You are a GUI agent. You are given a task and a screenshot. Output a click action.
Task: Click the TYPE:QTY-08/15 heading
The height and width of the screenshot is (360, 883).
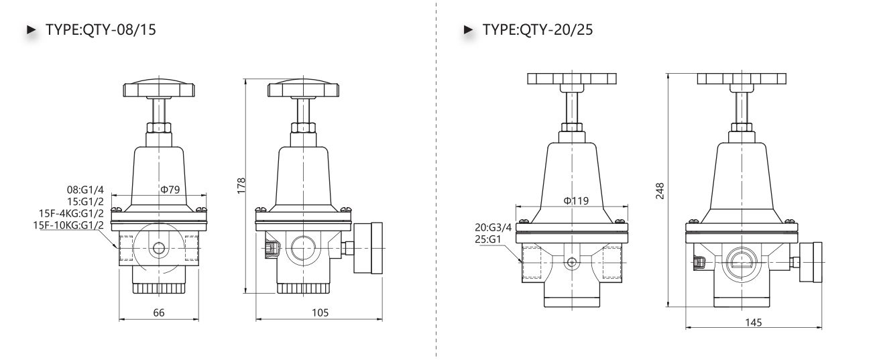pyautogui.click(x=101, y=29)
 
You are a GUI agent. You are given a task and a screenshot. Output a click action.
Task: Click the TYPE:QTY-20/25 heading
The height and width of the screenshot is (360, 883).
pyautogui.click(x=538, y=29)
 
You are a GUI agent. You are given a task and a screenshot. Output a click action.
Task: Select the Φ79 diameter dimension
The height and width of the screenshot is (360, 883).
pyautogui.click(x=170, y=190)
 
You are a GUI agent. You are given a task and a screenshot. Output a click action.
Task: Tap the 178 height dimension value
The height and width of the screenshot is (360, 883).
pyautogui.click(x=241, y=186)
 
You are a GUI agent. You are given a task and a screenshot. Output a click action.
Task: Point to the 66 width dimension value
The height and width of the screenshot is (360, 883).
pyautogui.click(x=159, y=312)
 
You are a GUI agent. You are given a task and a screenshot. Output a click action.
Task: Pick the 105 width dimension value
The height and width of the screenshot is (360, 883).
pyautogui.click(x=320, y=312)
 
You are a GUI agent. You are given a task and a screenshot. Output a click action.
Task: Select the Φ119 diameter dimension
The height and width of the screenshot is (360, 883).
pyautogui.click(x=576, y=200)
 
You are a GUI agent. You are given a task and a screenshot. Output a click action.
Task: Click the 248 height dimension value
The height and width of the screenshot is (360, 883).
pyautogui.click(x=660, y=191)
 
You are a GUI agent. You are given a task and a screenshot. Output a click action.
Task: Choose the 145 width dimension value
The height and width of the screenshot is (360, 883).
pyautogui.click(x=754, y=322)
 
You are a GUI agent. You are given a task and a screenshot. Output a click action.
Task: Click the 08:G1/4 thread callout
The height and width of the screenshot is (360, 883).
pyautogui.click(x=85, y=190)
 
